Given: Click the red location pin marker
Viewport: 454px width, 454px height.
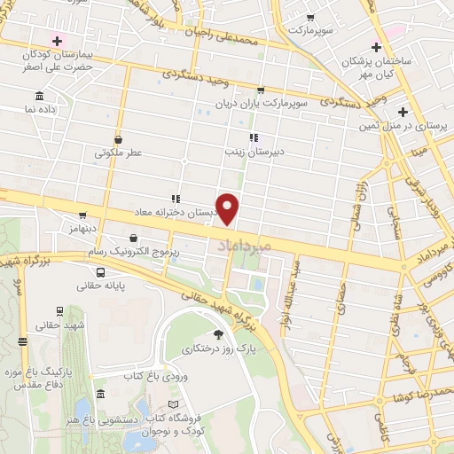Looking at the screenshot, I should pyautogui.click(x=229, y=208).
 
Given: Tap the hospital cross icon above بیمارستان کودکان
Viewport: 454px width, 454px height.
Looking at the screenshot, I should pyautogui.click(x=59, y=40).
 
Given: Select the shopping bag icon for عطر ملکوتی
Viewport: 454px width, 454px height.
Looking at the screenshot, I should pyautogui.click(x=119, y=138).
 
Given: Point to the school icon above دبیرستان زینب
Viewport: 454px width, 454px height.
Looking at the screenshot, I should pyautogui.click(x=254, y=137).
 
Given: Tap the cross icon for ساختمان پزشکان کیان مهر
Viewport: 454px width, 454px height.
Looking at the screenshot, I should pyautogui.click(x=377, y=46).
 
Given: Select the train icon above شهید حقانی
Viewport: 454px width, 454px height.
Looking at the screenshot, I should pyautogui.click(x=59, y=312).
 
